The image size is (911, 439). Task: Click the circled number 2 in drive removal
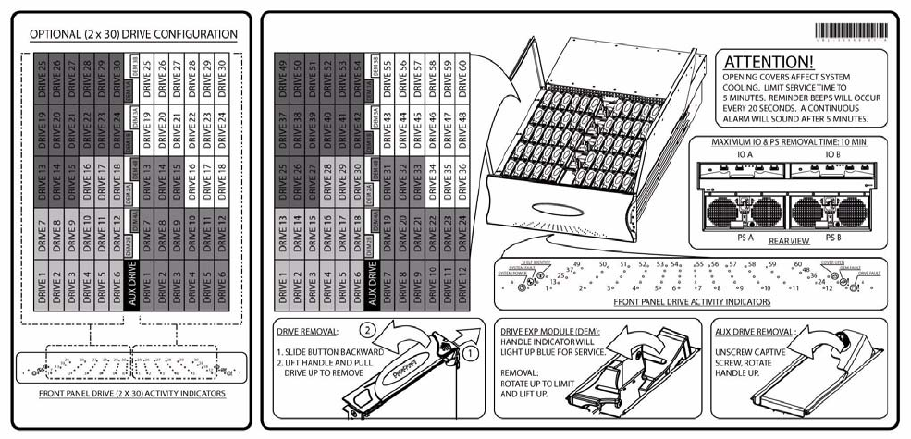point(366,328)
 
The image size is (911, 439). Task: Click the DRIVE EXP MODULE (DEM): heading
point(549,329)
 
